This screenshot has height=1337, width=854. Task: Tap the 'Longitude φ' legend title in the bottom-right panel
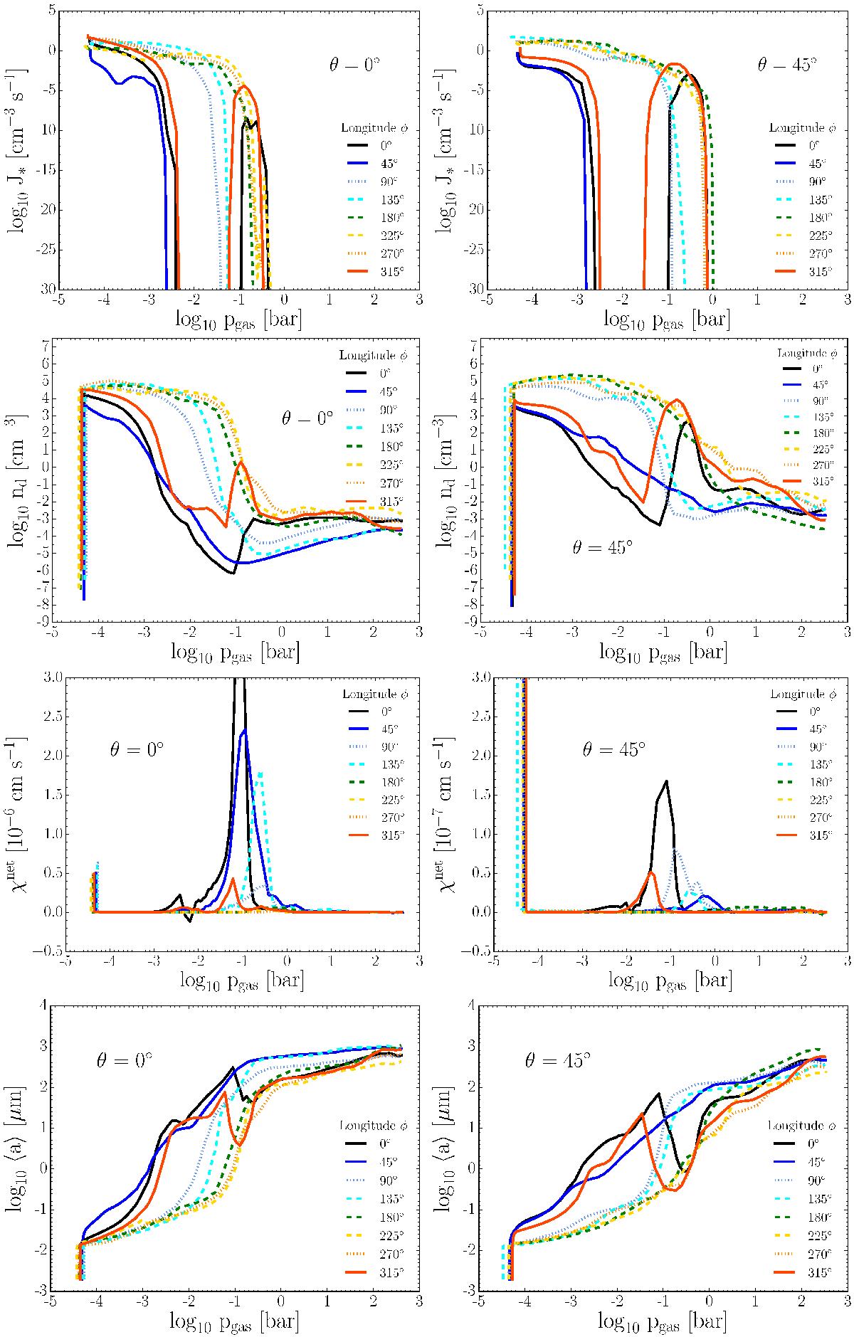pyautogui.click(x=801, y=1126)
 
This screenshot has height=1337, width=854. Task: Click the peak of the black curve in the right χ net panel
pyautogui.click(x=667, y=781)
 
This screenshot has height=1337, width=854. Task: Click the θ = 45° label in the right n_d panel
pyautogui.click(x=602, y=547)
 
